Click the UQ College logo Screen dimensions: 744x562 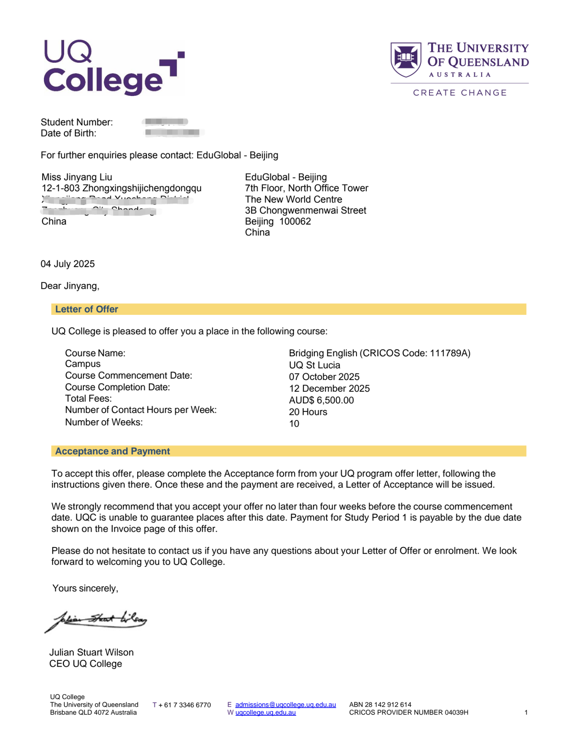point(113,68)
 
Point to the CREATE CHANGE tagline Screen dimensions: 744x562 point(460,93)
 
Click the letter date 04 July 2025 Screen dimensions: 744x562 point(68,264)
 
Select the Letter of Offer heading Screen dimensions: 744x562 point(86,309)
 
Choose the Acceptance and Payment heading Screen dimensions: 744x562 point(112,451)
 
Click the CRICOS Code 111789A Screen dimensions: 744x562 point(450,353)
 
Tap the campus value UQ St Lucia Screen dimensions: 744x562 point(315,365)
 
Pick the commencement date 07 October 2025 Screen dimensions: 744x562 point(324,377)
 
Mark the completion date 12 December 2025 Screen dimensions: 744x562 point(329,388)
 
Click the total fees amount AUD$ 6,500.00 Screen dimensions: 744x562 point(321,400)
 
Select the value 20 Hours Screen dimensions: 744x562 point(308,412)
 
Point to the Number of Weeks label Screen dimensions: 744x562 point(104,422)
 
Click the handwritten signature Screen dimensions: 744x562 point(96,620)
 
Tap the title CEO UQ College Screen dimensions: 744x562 point(86,664)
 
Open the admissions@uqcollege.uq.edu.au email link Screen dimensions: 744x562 point(286,704)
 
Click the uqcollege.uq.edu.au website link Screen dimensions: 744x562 point(265,712)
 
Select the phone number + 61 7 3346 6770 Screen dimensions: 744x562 point(185,705)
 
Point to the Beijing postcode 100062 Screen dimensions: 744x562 point(295,221)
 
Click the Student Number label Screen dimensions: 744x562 point(77,122)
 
